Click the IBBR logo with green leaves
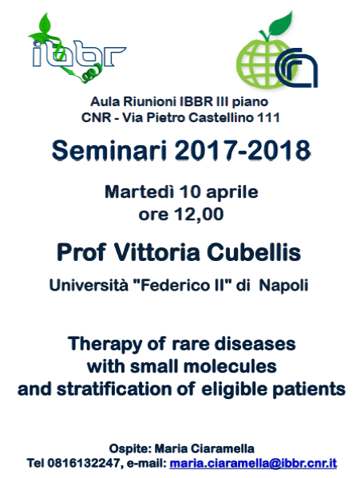(x=77, y=49)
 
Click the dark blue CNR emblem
(x=296, y=68)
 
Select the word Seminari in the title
(x=109, y=150)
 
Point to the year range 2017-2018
(x=243, y=150)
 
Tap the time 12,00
(x=199, y=215)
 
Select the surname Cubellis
(x=254, y=253)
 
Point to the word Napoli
(x=283, y=286)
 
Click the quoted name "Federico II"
(x=183, y=285)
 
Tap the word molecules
(x=231, y=366)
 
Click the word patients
(x=308, y=390)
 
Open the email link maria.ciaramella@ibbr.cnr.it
(x=253, y=463)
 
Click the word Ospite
(x=130, y=449)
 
